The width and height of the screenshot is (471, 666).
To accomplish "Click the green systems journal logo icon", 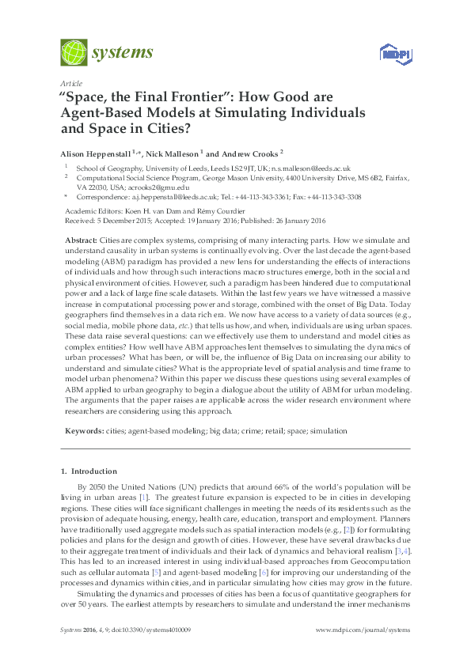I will click(74, 53).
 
